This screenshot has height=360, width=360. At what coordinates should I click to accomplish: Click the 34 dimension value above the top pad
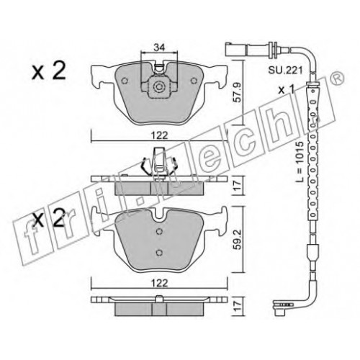pyautogui.click(x=159, y=48)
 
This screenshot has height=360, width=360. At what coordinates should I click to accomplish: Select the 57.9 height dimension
pyautogui.click(x=237, y=93)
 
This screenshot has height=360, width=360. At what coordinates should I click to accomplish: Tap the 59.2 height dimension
pyautogui.click(x=237, y=240)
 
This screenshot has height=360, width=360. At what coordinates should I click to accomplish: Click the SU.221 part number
pyautogui.click(x=285, y=71)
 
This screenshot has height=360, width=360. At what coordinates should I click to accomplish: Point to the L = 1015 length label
pyautogui.click(x=300, y=162)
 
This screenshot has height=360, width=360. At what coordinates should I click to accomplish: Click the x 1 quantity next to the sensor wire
pyautogui.click(x=287, y=90)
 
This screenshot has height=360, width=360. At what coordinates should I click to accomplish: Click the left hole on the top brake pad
pyautogui.click(x=124, y=81)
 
